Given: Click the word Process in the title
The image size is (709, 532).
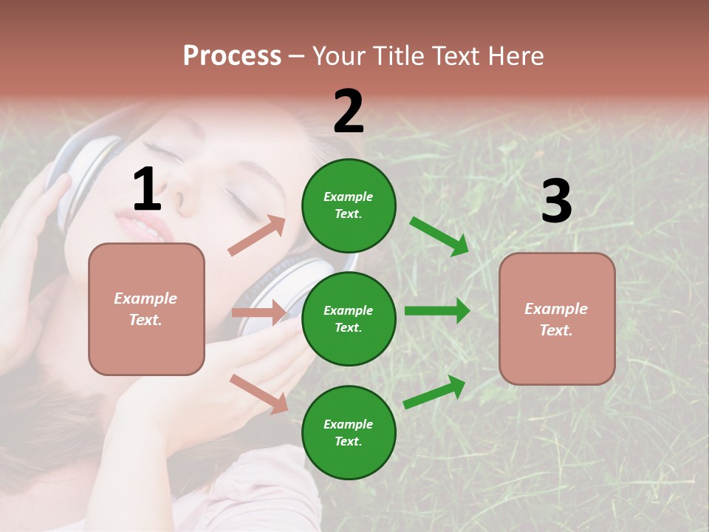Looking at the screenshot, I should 232,56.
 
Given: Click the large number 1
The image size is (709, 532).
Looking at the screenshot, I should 147,190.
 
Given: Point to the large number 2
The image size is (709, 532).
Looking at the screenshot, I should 349,112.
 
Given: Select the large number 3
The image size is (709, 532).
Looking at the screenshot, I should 556,201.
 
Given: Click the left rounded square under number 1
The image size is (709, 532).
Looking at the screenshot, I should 146,309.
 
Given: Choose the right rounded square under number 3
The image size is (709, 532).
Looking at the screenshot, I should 557,318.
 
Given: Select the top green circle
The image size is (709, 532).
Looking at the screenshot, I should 349,205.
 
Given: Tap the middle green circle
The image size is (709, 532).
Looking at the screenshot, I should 349,318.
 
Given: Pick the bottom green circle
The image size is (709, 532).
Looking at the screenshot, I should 349,432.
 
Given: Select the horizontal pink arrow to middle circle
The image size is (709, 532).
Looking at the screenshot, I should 258,313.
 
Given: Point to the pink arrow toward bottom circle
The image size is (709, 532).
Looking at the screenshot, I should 258,393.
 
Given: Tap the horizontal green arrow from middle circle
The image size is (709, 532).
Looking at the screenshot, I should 436,310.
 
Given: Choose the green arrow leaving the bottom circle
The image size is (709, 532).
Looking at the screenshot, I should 435,392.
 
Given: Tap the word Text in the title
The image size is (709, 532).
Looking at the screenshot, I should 456,56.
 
